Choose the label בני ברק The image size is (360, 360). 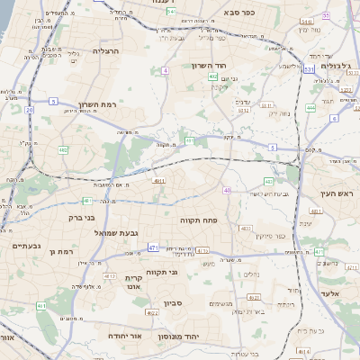tap(82, 218)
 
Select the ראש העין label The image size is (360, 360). tap(338, 193)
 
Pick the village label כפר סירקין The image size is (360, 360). tap(269, 236)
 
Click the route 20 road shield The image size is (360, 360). tap(29, 109)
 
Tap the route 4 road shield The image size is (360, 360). tap(165, 69)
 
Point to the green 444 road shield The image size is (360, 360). tap(310, 107)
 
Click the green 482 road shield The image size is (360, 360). tap(63, 150)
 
